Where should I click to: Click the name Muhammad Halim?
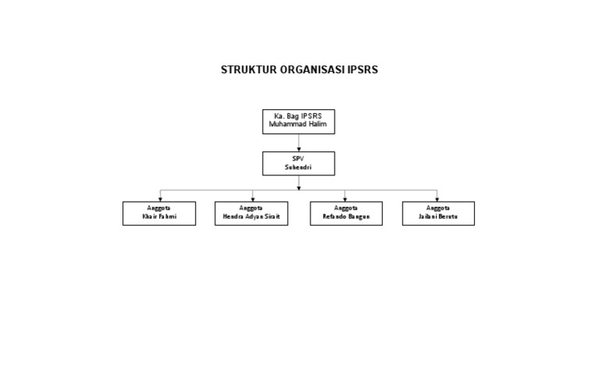tap(299, 124)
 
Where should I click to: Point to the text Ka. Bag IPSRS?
tap(299, 116)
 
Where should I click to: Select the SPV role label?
tap(299, 158)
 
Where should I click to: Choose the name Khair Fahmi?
tap(159, 217)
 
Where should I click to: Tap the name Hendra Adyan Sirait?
tap(251, 217)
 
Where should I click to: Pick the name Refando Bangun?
tap(346, 217)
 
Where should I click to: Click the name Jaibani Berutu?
tap(438, 217)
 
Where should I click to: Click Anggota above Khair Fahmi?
tap(159, 209)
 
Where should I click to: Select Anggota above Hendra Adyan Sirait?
tap(251, 209)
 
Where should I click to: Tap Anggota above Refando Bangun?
tap(346, 209)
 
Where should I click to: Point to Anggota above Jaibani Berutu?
tap(438, 209)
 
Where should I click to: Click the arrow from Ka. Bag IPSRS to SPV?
tap(299, 143)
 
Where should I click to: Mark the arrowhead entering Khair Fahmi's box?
tap(161, 199)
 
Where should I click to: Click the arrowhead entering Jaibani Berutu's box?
tap(438, 199)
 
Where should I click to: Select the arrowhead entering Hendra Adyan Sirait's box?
tap(252, 199)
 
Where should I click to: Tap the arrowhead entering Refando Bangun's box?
tap(345, 199)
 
